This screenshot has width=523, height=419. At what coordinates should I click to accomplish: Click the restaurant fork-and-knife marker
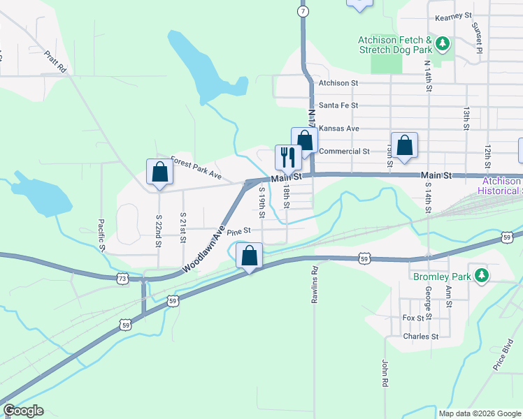(287, 157)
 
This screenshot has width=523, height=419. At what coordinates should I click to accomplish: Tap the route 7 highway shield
(302, 12)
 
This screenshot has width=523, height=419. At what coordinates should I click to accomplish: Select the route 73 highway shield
(122, 278)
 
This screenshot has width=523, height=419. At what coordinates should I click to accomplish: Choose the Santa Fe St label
(338, 105)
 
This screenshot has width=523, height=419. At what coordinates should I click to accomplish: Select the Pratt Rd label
(54, 61)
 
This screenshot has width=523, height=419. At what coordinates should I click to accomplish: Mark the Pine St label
(238, 230)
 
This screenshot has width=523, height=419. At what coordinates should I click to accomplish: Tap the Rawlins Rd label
(315, 284)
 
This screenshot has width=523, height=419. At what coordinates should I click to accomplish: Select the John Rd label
(385, 374)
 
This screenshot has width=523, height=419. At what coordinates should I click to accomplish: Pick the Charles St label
(420, 336)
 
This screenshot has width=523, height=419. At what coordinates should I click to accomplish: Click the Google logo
(23, 411)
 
